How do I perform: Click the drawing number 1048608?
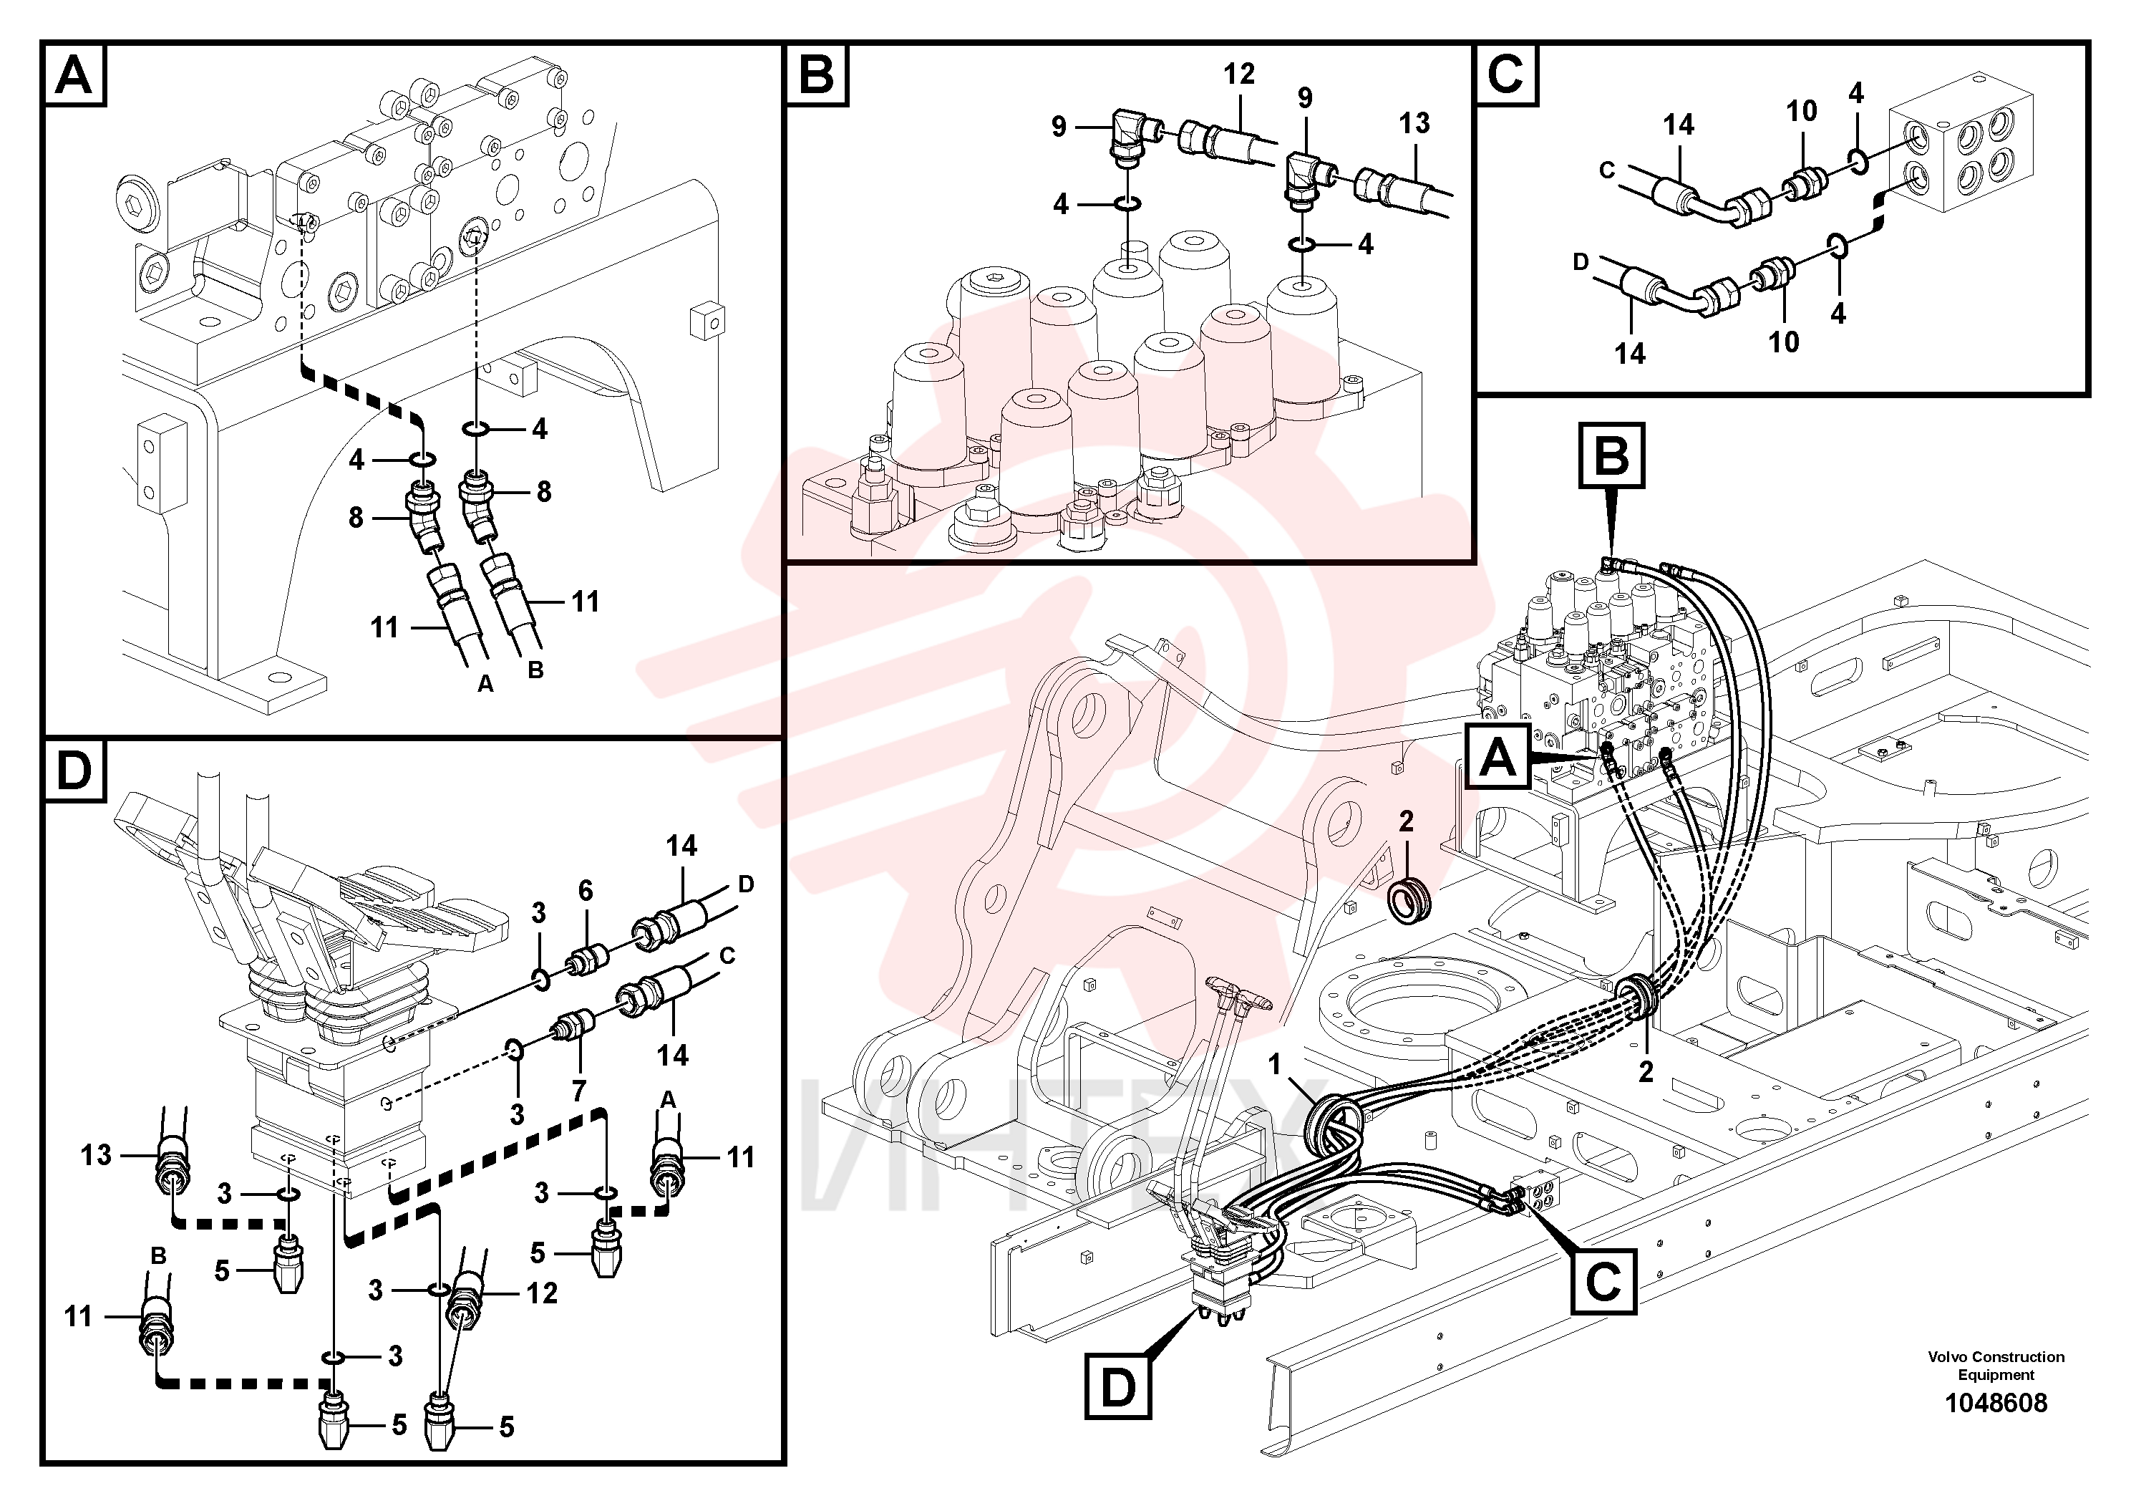pos(1996,1402)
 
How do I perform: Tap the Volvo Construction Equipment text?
pos(1996,1366)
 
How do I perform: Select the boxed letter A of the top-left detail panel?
pos(74,74)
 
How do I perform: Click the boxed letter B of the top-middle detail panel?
pos(817,74)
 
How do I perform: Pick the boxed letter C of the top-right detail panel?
pos(1505,74)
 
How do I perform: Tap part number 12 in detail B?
pos(1239,74)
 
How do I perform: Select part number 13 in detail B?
pos(1414,122)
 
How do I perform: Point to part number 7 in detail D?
pos(580,1091)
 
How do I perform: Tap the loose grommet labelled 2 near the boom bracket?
pos(1407,898)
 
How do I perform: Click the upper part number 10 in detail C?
pos(1802,112)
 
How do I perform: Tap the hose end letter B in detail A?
pos(535,670)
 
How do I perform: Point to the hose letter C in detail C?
pos(1608,170)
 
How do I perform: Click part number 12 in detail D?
pos(542,1293)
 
